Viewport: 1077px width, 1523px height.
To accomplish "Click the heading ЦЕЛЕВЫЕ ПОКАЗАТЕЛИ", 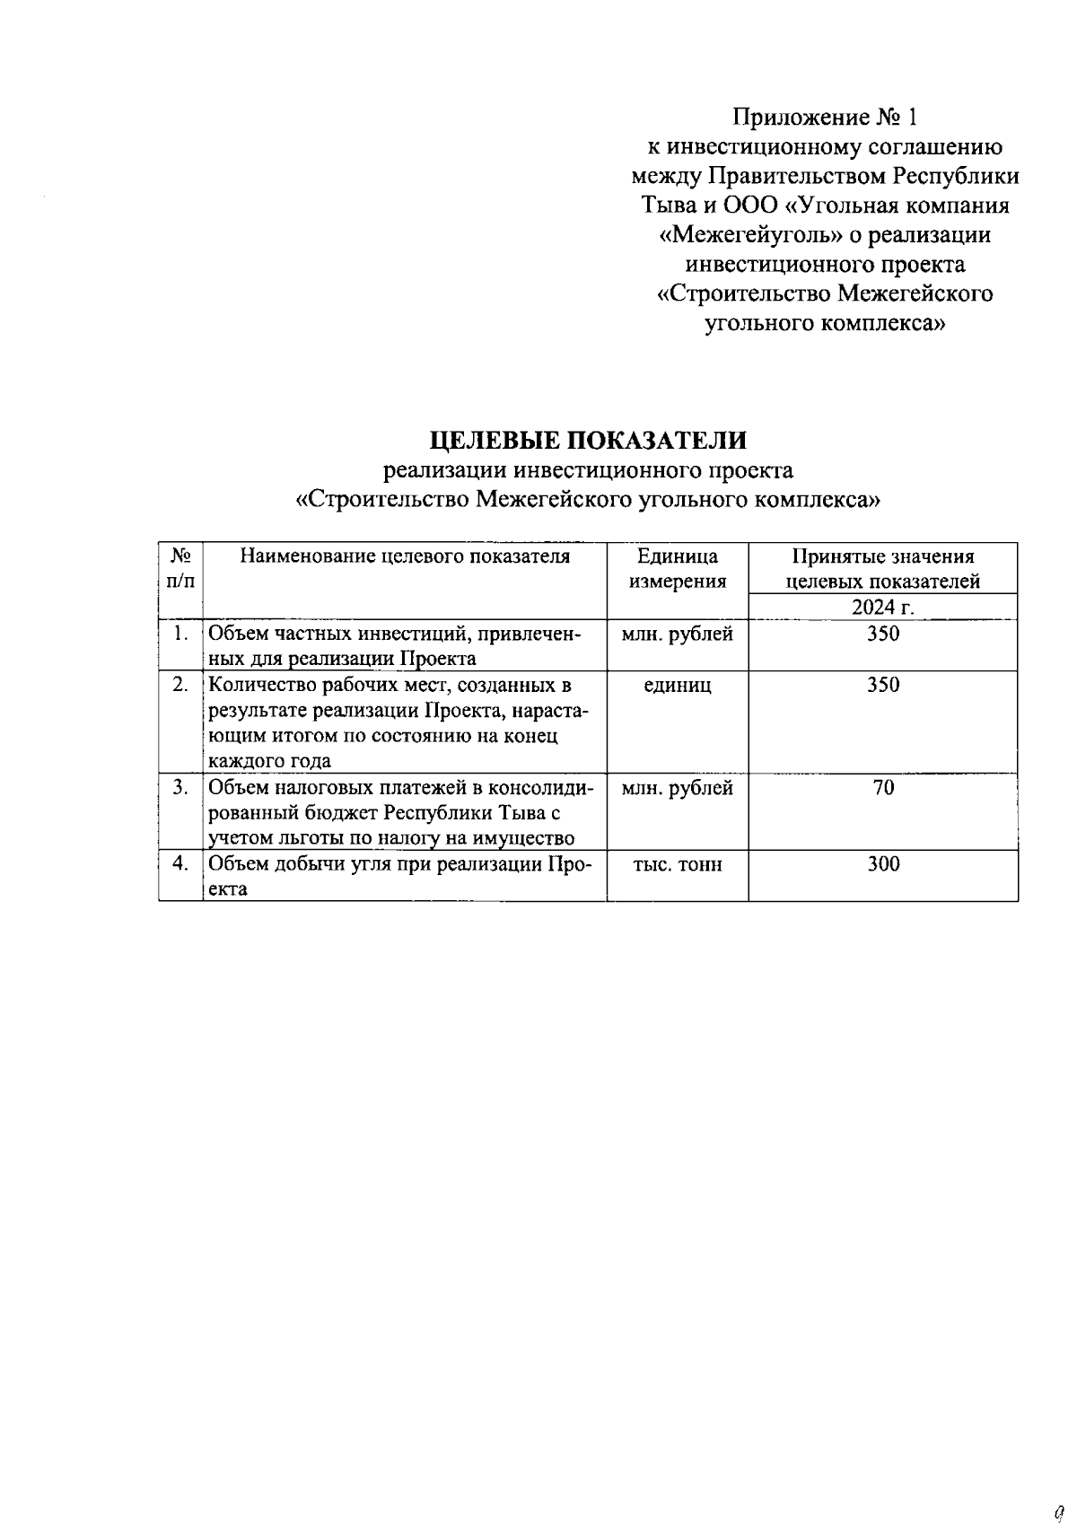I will coord(588,441).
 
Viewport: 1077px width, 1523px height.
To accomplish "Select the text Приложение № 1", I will coord(826,118).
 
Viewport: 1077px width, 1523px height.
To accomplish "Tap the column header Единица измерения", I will coord(678,568).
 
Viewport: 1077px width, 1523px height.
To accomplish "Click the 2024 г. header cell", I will coord(883,608).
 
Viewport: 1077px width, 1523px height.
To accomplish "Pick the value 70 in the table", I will coord(883,788).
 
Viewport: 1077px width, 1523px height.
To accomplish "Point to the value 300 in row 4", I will coord(883,864).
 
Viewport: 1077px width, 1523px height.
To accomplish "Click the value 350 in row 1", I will coord(883,635).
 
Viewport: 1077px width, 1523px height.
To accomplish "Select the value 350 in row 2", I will coord(883,686).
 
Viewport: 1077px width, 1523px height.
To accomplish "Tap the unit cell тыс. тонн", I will coord(678,864).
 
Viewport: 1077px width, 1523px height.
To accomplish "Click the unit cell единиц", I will coord(678,686).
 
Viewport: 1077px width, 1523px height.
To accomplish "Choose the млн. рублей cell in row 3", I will coord(678,788).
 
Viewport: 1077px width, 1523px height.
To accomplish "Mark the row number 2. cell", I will coord(180,685).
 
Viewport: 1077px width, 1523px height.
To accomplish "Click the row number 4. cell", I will coord(180,863).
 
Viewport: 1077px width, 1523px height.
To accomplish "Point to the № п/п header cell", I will coord(180,568).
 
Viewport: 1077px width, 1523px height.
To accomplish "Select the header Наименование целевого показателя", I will coord(405,556).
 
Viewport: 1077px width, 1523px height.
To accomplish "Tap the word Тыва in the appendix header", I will coord(667,206).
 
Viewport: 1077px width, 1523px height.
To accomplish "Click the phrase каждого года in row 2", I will coord(269,762).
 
